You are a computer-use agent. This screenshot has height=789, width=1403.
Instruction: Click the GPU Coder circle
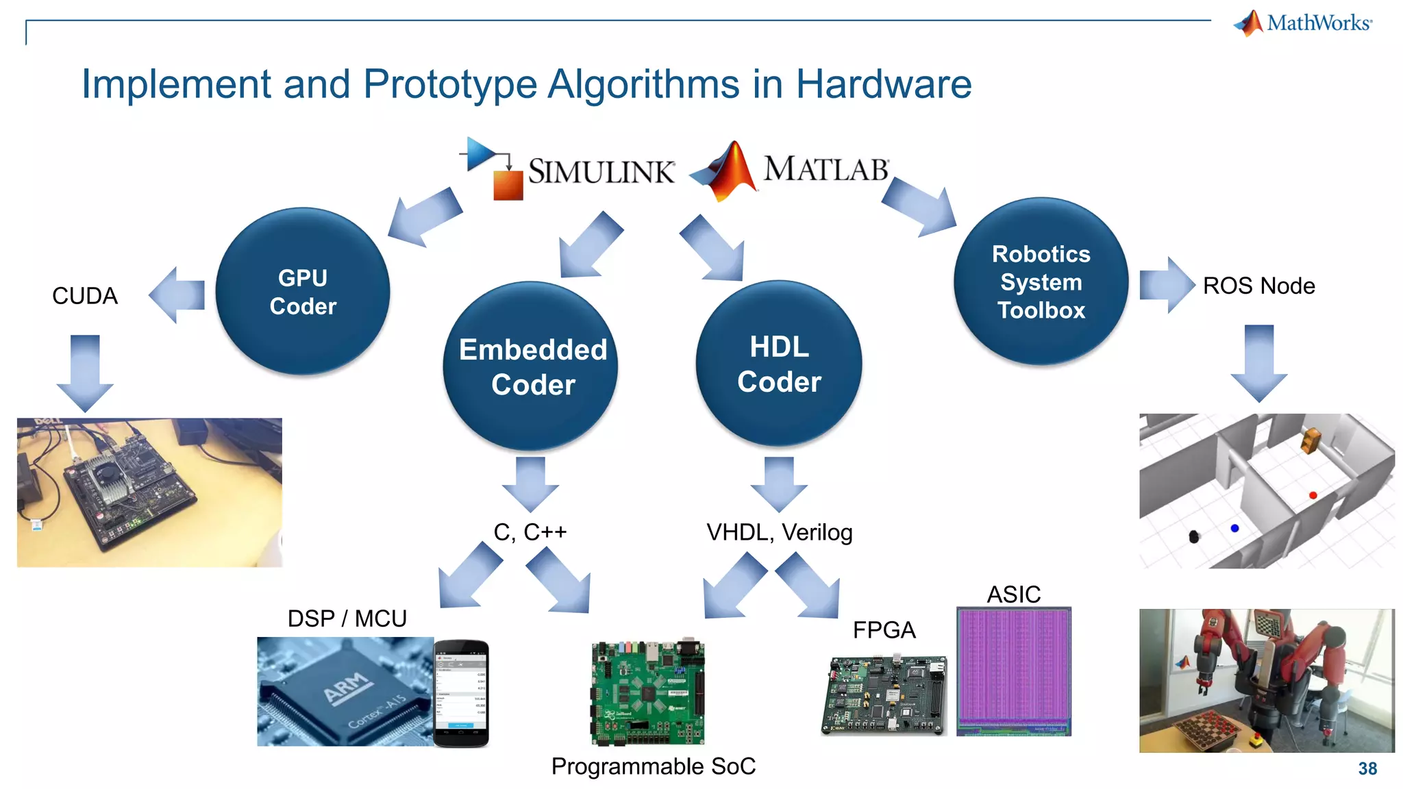coord(303,292)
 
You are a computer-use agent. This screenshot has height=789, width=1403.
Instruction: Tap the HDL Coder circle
coord(779,364)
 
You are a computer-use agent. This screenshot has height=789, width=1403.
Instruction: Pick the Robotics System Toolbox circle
coord(1041,281)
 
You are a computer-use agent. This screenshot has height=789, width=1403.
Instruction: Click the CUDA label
coord(85,296)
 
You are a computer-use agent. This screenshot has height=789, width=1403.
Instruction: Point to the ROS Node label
coord(1258,286)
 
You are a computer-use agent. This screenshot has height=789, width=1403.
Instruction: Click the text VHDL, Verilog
coord(779,532)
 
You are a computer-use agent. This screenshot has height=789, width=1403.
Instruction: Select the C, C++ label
coord(530,532)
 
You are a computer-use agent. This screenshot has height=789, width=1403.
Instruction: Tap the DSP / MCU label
coord(347,618)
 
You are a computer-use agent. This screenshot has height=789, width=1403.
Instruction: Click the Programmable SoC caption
coord(653,766)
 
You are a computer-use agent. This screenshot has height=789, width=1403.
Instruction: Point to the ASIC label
coord(1013,594)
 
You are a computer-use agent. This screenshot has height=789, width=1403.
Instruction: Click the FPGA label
coord(884,630)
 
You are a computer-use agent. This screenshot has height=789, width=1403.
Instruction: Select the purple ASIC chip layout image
coord(1013,671)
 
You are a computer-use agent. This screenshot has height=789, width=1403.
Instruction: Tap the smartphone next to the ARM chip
coord(461,692)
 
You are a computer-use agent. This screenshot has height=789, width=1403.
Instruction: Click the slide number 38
coord(1367,768)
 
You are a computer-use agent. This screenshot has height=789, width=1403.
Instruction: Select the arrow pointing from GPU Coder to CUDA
coord(177,295)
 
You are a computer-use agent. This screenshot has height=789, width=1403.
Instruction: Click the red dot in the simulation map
coord(1313,495)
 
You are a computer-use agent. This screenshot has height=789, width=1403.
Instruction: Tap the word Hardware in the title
coord(883,84)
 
